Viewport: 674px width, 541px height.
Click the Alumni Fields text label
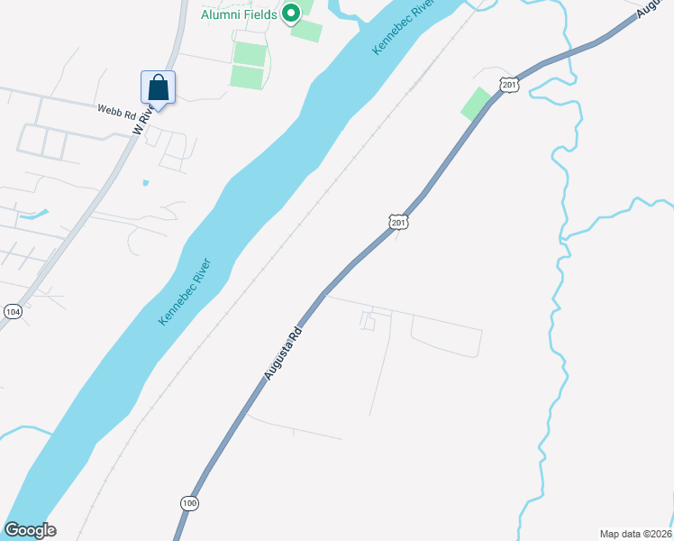coord(238,14)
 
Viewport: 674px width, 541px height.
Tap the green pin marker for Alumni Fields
coord(290,14)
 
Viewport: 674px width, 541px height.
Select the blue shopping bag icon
coord(158,88)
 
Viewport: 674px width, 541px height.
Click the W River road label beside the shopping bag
coord(141,124)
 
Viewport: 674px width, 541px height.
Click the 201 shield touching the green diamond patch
coord(510,85)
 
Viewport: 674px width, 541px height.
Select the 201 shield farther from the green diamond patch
coord(399,221)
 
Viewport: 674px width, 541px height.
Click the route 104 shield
coord(13,311)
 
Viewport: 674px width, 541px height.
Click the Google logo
coord(30,530)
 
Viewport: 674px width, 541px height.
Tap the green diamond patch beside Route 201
coord(477,104)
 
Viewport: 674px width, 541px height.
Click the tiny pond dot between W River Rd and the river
coord(145,183)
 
